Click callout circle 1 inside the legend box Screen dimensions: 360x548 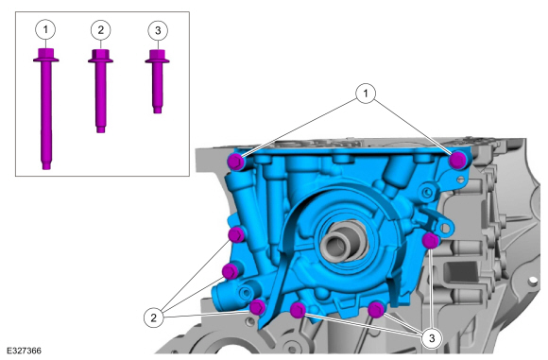point(45,29)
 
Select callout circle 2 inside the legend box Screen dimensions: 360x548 point(101,29)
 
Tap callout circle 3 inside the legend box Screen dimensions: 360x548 point(157,29)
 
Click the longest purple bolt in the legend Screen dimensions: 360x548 point(45,109)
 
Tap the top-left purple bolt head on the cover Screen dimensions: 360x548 point(236,162)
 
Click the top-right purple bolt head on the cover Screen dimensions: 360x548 point(457,160)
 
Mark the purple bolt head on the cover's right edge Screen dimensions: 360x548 point(431,241)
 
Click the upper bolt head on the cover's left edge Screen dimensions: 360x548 point(237,234)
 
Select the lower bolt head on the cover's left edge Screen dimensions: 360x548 point(230,271)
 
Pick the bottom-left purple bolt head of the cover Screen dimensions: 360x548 point(257,304)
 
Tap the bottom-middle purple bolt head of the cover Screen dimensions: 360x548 point(298,310)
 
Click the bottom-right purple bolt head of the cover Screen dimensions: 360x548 point(376,308)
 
